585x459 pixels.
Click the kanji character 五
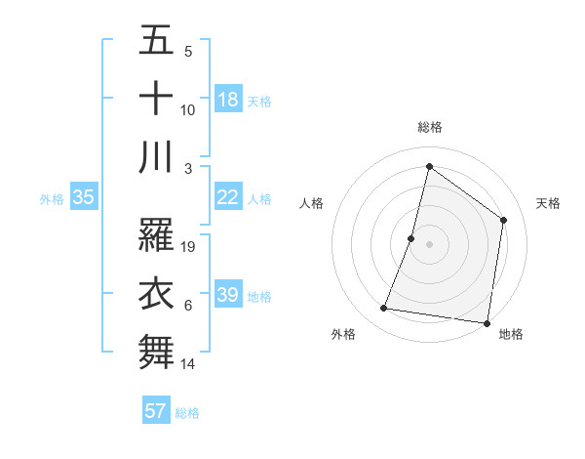pyautogui.click(x=156, y=42)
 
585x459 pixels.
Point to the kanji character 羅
pyautogui.click(x=156, y=235)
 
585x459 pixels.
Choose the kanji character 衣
pyautogui.click(x=156, y=293)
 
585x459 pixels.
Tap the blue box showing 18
pyautogui.click(x=228, y=100)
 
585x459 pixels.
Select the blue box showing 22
pyautogui.click(x=228, y=197)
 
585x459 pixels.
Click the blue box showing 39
pyautogui.click(x=228, y=295)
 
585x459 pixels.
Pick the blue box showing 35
pyautogui.click(x=84, y=197)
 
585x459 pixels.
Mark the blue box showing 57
pyautogui.click(x=156, y=411)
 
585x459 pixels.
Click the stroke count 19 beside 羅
pyautogui.click(x=189, y=247)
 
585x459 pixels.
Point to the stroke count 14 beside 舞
pyautogui.click(x=189, y=364)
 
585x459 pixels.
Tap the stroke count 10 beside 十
pyautogui.click(x=189, y=111)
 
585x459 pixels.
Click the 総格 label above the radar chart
pyautogui.click(x=430, y=127)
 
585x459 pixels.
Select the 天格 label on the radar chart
pyautogui.click(x=548, y=203)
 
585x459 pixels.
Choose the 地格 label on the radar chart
pyautogui.click(x=511, y=334)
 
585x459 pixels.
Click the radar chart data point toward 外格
pyautogui.click(x=384, y=309)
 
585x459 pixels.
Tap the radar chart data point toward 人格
pyautogui.click(x=411, y=238)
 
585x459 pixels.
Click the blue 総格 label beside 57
pyautogui.click(x=187, y=413)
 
